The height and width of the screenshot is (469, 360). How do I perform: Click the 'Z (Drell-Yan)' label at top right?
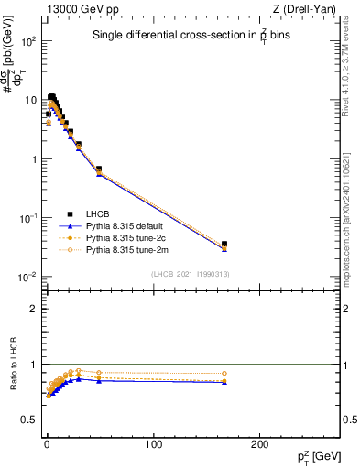(x=309, y=9)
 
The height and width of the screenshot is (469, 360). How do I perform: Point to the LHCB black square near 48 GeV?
(x=98, y=169)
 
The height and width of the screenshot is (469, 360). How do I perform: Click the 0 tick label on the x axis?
(x=47, y=444)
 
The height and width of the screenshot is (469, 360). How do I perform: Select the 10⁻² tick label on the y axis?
(x=28, y=277)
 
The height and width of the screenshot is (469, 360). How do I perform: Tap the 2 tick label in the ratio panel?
(x=34, y=309)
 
